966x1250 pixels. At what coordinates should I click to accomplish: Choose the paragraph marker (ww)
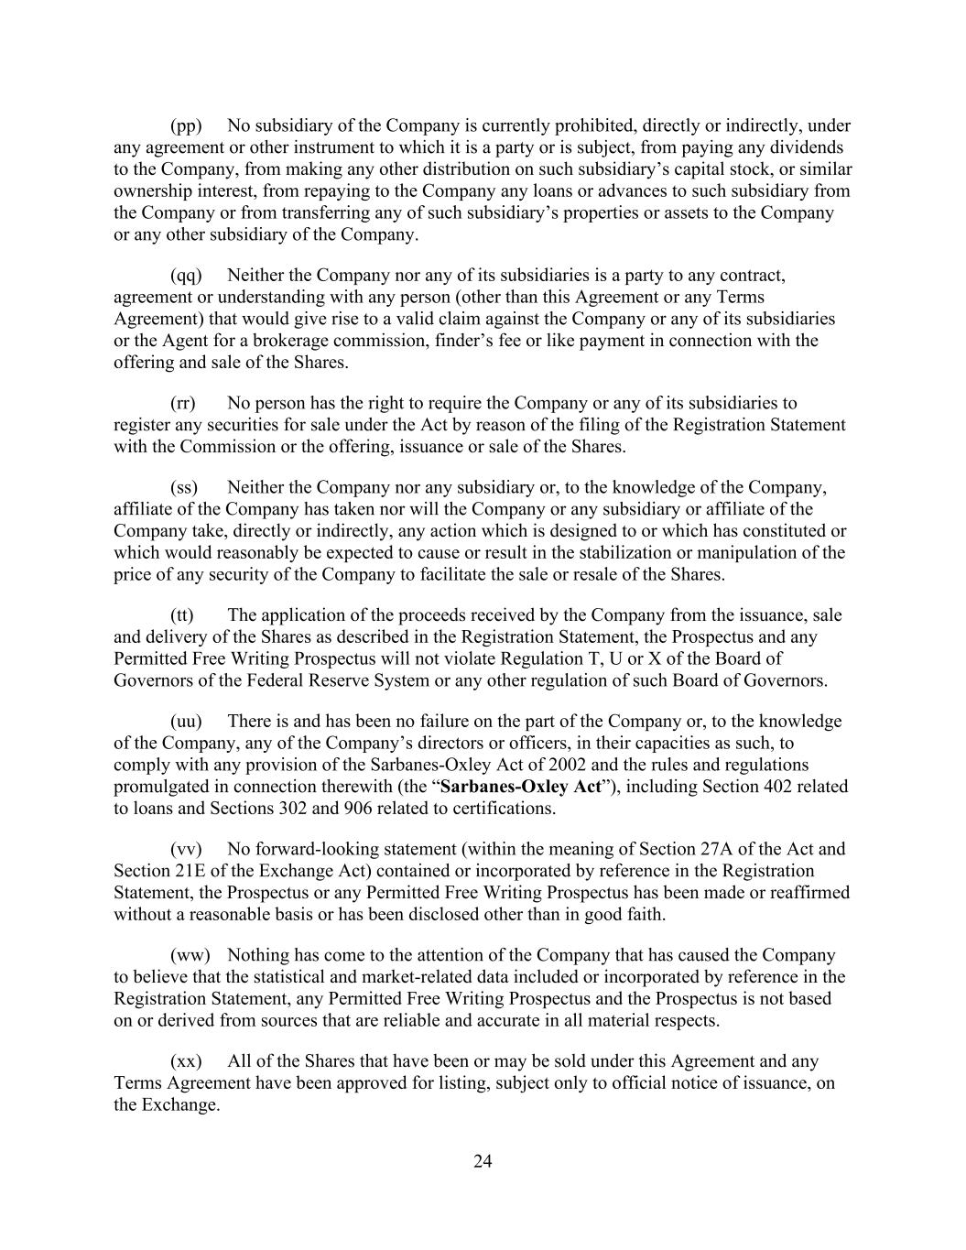coord(190,955)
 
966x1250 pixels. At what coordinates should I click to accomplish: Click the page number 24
coord(483,1162)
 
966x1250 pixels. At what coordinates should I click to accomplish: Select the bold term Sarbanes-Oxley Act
coord(521,787)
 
